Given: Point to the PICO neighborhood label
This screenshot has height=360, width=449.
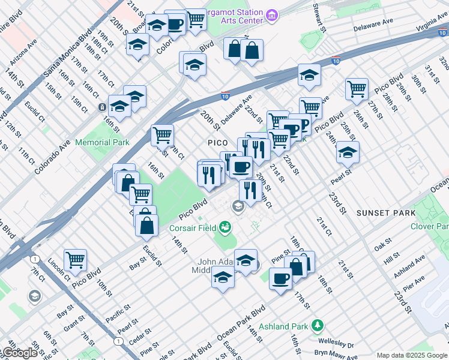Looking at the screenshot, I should tap(217, 143).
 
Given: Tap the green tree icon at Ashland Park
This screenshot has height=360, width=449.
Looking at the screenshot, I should tap(317, 326).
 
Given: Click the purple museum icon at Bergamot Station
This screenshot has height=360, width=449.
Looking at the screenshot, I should tap(271, 14).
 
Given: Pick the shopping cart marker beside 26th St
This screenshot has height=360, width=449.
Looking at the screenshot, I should tap(357, 89).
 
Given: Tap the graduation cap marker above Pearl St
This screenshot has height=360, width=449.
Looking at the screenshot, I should tap(348, 152).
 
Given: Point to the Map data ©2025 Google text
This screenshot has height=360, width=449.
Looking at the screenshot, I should tap(412, 355).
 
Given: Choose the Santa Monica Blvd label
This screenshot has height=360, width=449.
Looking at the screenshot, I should tap(65, 53).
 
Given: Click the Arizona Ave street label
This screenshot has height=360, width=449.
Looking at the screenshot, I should tap(23, 52).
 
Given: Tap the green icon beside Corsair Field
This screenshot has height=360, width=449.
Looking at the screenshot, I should tap(225, 227).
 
